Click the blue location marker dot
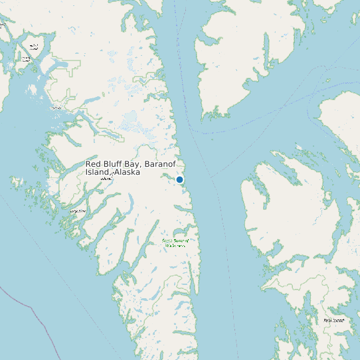point(179,179)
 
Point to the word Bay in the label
point(132,163)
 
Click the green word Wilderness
point(175,246)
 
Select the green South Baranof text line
point(175,240)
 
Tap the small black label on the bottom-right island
point(333,320)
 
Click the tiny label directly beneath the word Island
point(105,179)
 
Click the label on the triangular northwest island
point(33,46)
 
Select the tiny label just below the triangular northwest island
point(27,59)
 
